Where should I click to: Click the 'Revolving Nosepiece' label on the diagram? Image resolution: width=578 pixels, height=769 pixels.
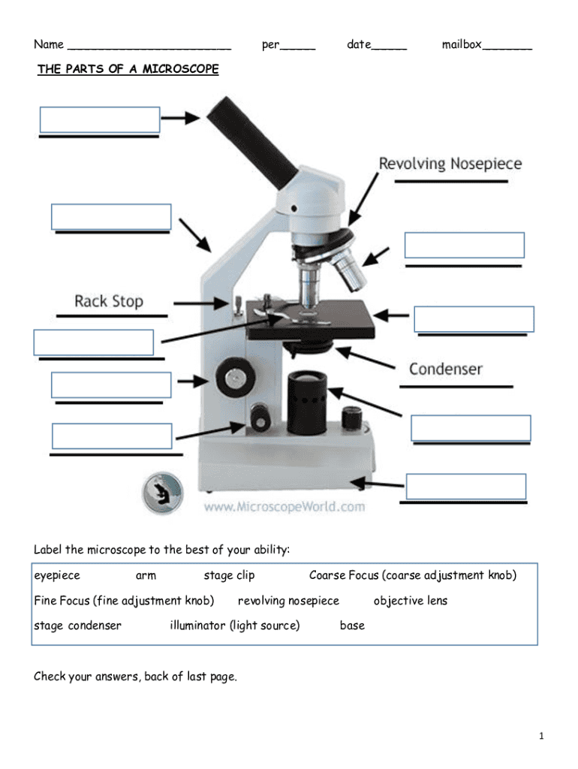(450, 164)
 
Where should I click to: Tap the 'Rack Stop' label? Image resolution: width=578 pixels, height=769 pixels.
(109, 302)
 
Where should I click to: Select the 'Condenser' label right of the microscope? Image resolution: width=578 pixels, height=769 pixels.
(445, 369)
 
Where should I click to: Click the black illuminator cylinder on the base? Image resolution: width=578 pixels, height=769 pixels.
(306, 402)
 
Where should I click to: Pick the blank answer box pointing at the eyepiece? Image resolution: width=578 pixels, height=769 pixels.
(99, 120)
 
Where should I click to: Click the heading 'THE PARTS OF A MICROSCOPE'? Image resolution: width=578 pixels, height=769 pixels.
(128, 70)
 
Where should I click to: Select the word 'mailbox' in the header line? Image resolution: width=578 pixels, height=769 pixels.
(462, 45)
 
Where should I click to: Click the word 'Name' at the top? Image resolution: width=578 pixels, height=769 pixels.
(49, 45)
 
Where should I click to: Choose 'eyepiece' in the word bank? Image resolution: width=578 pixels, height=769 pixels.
(57, 576)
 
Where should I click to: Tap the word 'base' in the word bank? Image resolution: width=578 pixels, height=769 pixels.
(352, 626)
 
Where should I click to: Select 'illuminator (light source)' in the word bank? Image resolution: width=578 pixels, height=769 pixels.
(234, 626)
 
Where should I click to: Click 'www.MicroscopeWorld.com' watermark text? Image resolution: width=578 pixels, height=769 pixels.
(284, 507)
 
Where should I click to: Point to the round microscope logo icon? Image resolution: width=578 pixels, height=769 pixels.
(162, 493)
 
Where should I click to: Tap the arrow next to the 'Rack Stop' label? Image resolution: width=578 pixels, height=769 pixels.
(201, 303)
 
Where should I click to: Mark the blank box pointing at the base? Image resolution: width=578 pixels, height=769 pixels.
(465, 487)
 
